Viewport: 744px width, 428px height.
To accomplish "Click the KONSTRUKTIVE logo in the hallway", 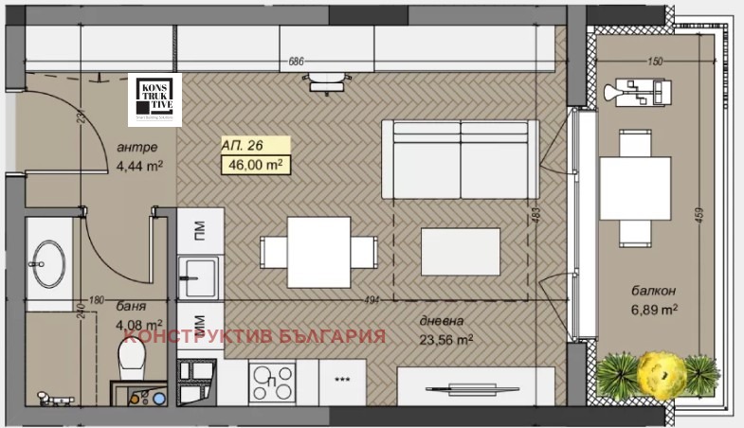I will [154, 98].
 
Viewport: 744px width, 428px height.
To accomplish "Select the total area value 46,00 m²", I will [253, 165].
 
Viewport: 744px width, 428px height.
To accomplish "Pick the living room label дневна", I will [441, 320].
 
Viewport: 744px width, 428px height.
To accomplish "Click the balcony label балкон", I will [651, 290].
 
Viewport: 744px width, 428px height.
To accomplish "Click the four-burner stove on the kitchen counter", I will [273, 383].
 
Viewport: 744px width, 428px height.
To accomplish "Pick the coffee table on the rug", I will [460, 251].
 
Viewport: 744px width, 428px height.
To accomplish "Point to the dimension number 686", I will [296, 62].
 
